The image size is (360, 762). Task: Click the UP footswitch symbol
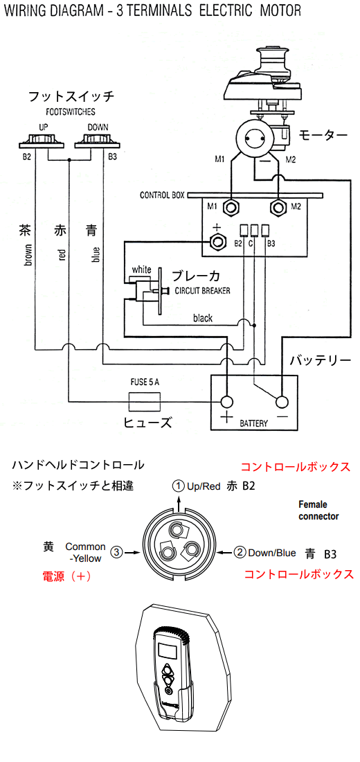[42, 141]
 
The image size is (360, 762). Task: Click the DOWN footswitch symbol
[98, 141]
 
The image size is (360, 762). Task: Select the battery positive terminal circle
[227, 402]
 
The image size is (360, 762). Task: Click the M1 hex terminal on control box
[230, 208]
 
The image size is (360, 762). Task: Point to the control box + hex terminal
[217, 241]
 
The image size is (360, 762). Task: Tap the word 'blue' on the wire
[96, 255]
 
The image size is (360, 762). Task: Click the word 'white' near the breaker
[141, 269]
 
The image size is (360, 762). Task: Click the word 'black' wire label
[203, 319]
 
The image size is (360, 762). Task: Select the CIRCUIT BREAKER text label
[203, 291]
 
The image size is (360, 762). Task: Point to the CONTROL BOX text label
[162, 195]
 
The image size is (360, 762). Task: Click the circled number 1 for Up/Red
[179, 486]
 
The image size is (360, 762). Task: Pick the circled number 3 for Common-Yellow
[116, 552]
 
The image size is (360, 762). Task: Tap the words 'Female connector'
[318, 511]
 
